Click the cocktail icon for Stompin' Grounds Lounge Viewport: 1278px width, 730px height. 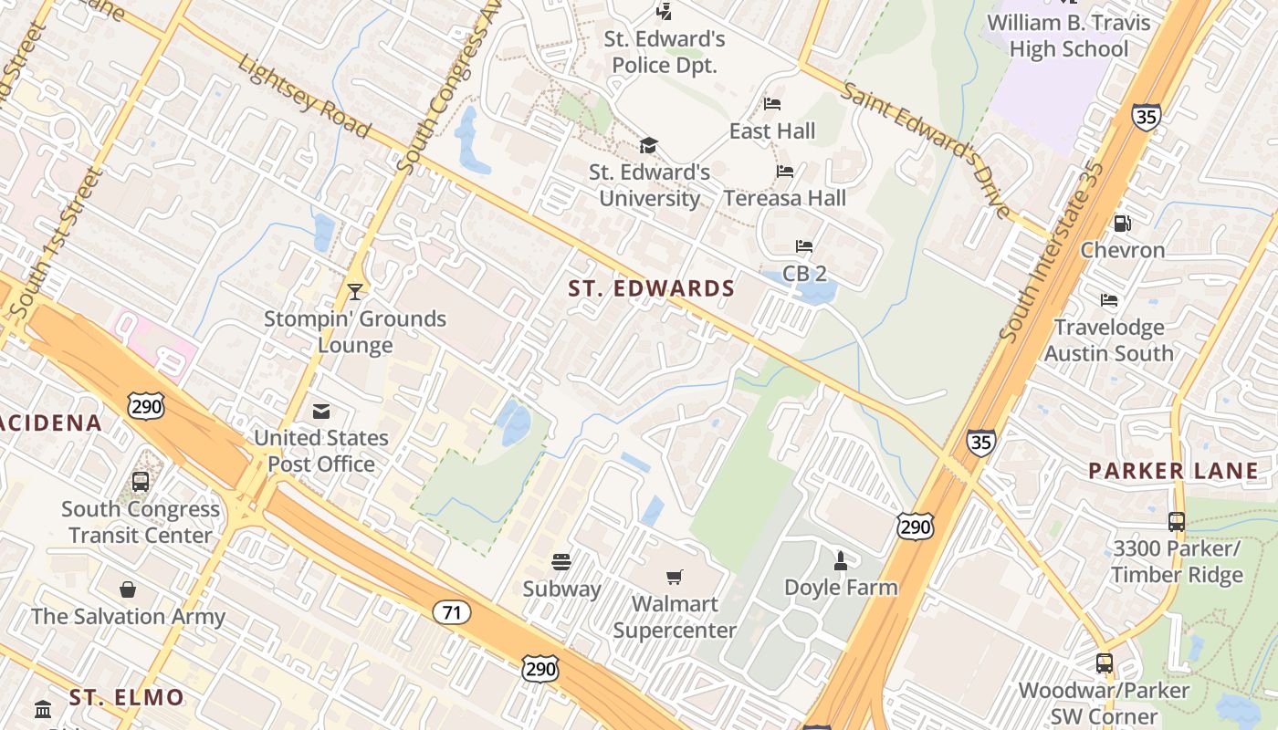pyautogui.click(x=355, y=292)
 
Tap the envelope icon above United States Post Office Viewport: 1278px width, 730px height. pyautogui.click(x=321, y=412)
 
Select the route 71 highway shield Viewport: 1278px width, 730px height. pyautogui.click(x=453, y=612)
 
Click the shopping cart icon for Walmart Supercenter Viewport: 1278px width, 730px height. pyautogui.click(x=675, y=577)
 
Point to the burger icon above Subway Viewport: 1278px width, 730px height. pyautogui.click(x=561, y=562)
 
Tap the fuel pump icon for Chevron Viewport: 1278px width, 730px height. pyautogui.click(x=1122, y=223)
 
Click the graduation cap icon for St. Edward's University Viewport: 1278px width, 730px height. pyautogui.click(x=649, y=145)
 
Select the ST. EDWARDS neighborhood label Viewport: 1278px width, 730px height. pyautogui.click(x=652, y=289)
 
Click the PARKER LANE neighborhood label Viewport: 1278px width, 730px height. pyautogui.click(x=1173, y=472)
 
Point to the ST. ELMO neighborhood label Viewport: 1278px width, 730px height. pyautogui.click(x=127, y=698)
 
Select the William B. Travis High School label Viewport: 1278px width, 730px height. pyautogui.click(x=1069, y=36)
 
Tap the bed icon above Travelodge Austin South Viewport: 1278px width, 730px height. pyautogui.click(x=1109, y=300)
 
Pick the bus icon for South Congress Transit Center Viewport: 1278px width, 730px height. pyautogui.click(x=141, y=481)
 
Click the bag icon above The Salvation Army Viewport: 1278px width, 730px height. pyautogui.click(x=128, y=589)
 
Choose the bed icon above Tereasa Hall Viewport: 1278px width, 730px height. pyautogui.click(x=785, y=172)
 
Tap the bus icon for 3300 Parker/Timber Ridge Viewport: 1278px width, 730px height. pyautogui.click(x=1177, y=522)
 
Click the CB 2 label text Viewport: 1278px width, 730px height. pyautogui.click(x=804, y=274)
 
